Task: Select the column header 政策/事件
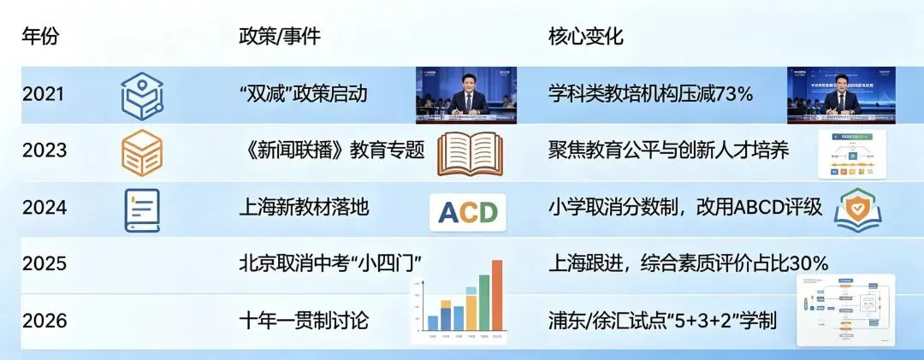[x=280, y=38]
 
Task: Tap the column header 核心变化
[x=585, y=38]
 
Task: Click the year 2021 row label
[x=44, y=94]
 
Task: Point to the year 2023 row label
[x=44, y=150]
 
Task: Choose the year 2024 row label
[x=44, y=207]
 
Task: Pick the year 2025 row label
[x=44, y=263]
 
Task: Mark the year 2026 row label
[x=44, y=321]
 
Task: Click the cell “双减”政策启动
[x=304, y=94]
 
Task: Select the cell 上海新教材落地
[x=305, y=207]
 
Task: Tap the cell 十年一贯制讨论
[x=305, y=321]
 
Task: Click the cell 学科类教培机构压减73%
[x=650, y=94]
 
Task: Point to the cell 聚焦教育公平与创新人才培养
[x=668, y=150]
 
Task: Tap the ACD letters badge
[x=467, y=212]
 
